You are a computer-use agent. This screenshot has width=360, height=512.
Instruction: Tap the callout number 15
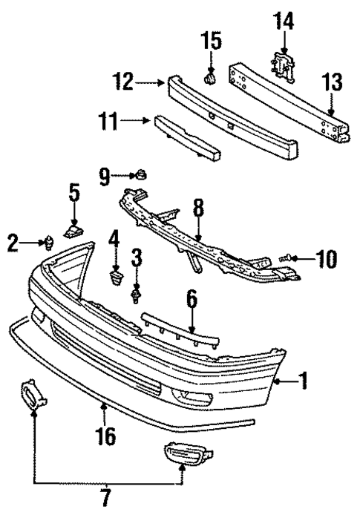212,42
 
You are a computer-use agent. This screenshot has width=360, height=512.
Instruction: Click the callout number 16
106,435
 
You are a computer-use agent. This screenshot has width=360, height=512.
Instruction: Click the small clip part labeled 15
210,76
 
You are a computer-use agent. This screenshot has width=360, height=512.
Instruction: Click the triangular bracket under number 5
73,232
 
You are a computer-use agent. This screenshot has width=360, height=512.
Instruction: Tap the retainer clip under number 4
114,278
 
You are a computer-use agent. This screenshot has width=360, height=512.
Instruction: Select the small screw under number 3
136,296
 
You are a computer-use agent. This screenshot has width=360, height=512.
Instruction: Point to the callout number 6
192,298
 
